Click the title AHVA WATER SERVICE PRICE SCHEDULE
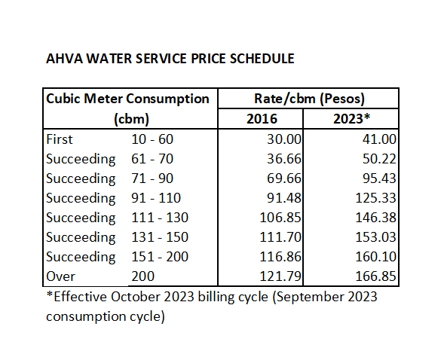click(170, 58)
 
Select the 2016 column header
click(262, 119)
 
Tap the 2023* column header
click(351, 119)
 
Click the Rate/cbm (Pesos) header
click(307, 99)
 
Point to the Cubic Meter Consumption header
click(127, 99)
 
